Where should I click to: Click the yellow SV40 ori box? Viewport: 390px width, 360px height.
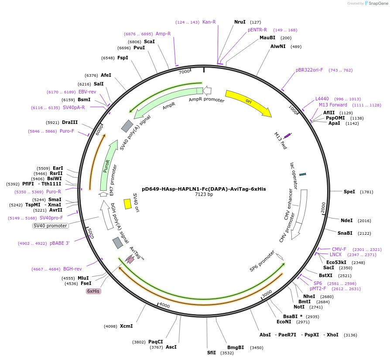click(128, 204)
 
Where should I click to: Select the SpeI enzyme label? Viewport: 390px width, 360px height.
click(349, 192)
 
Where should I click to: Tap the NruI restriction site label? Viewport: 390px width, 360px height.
click(240, 22)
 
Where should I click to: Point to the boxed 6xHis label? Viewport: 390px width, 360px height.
click(93, 291)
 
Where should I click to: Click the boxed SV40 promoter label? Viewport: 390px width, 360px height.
click(51, 226)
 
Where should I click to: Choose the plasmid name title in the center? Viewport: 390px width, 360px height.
click(204, 189)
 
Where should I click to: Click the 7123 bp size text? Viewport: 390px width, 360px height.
click(204, 195)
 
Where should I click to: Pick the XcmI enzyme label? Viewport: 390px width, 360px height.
click(127, 326)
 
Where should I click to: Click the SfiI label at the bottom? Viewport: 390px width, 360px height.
click(212, 353)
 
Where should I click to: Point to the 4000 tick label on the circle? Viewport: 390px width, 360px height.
click(164, 305)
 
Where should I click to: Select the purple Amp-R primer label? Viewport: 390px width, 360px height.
click(163, 34)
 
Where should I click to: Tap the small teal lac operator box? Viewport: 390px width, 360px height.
click(302, 174)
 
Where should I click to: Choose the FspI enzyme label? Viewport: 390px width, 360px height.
click(123, 58)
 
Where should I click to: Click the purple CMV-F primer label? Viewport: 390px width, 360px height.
click(339, 249)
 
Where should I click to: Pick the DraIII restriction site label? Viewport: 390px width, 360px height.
click(70, 122)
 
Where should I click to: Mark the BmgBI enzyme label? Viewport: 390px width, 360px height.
click(236, 347)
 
